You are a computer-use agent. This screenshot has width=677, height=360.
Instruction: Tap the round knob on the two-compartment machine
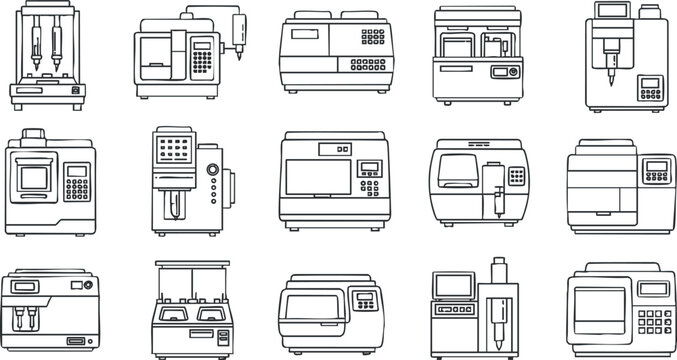513,73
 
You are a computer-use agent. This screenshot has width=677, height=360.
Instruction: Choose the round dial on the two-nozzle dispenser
79,288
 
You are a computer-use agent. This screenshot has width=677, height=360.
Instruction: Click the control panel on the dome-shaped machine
366,301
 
